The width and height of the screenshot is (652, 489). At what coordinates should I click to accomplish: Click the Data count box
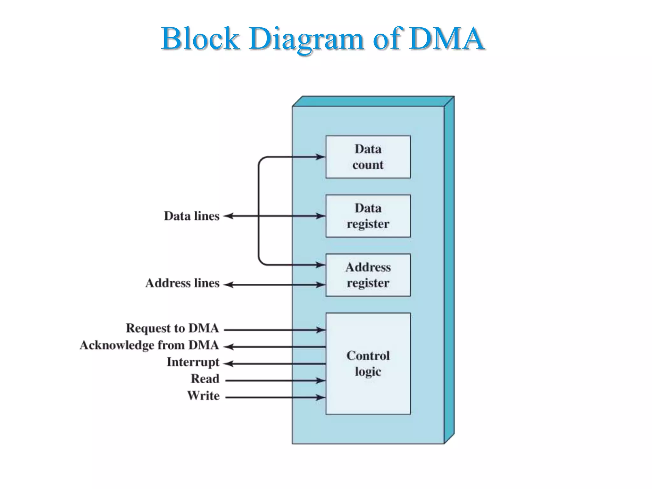click(x=368, y=157)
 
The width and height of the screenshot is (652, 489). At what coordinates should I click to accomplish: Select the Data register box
click(x=368, y=216)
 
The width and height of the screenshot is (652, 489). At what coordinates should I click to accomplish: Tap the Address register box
click(x=368, y=275)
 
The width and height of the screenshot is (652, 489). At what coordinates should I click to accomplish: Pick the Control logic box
click(x=368, y=363)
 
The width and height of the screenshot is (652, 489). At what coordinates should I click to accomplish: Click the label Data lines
click(x=192, y=216)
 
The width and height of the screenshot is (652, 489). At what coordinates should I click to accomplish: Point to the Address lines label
click(x=182, y=283)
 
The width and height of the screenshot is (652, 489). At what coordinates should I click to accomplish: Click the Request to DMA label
click(x=172, y=328)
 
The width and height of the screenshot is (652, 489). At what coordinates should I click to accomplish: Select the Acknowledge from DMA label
click(x=149, y=345)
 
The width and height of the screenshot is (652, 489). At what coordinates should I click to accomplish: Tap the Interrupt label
click(x=193, y=362)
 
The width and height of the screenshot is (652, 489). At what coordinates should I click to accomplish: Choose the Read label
click(x=205, y=379)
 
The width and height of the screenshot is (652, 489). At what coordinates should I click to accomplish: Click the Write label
click(x=203, y=396)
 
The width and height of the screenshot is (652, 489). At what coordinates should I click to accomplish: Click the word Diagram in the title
click(x=306, y=39)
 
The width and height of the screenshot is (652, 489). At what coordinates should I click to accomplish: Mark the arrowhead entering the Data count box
click(x=320, y=157)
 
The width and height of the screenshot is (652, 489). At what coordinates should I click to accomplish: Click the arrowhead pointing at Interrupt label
click(x=229, y=364)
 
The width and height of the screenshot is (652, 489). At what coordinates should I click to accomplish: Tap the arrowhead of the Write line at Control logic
click(x=320, y=397)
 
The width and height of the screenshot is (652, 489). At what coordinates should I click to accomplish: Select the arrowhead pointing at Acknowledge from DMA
click(x=229, y=347)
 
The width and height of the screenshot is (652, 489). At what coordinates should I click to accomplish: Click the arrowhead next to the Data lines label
click(x=229, y=216)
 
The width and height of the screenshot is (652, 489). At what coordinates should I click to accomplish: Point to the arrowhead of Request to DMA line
click(x=320, y=330)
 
